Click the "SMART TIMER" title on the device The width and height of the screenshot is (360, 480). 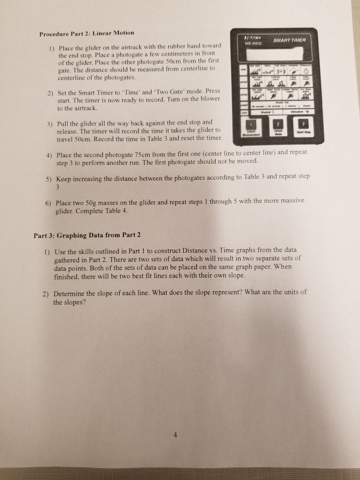click(292, 41)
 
